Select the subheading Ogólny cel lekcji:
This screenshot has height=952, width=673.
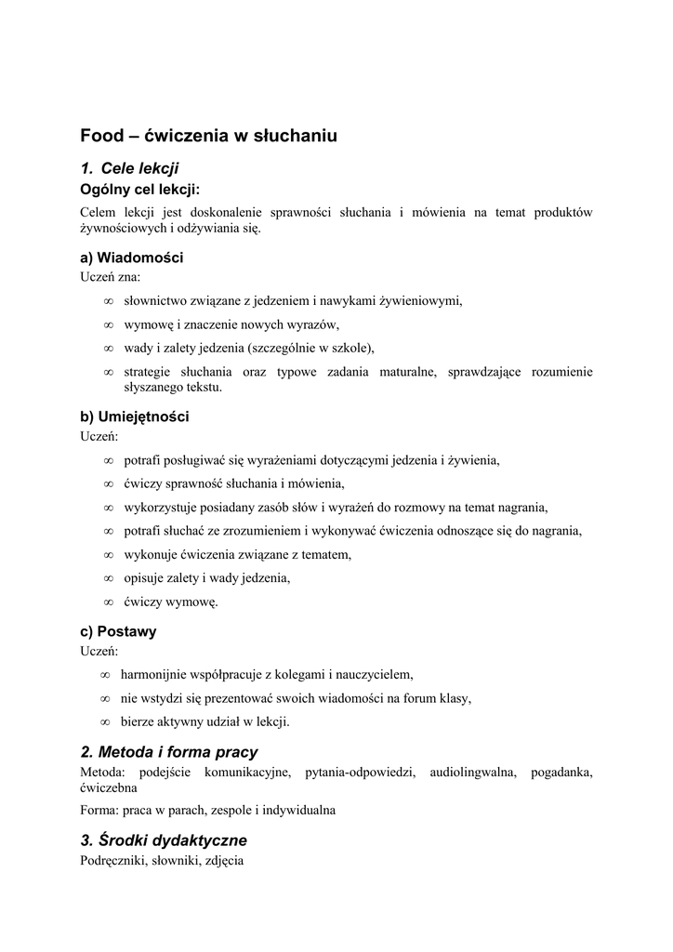(x=139, y=190)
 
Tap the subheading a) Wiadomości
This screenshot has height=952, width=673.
(x=131, y=258)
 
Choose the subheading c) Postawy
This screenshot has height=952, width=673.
(x=118, y=631)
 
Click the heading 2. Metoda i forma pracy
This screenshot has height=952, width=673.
(x=169, y=751)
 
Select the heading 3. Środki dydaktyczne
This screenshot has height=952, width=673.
(x=164, y=840)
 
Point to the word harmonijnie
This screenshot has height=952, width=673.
(x=152, y=674)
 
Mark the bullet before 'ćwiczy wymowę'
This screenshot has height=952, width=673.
(x=109, y=602)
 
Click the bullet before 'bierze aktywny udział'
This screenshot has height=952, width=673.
(x=105, y=721)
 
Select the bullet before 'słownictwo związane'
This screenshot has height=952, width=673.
(x=109, y=300)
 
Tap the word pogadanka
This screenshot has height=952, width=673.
(x=561, y=772)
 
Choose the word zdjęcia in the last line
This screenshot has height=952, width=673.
(x=221, y=860)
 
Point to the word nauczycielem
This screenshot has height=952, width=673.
(x=373, y=674)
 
